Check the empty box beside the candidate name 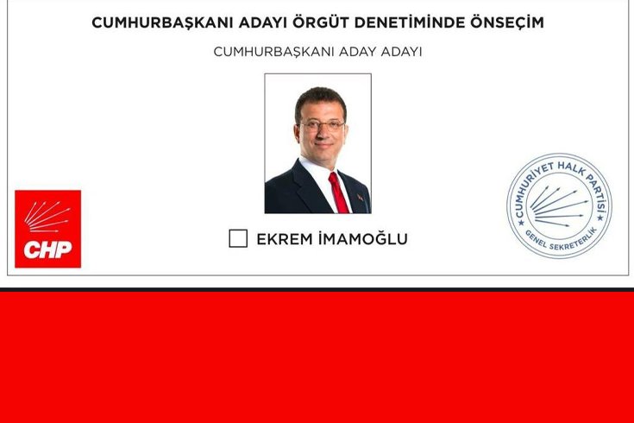pos(238,238)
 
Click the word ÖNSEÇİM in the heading pos(506,22)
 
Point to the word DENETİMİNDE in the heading pos(410,22)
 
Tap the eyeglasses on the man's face pos(322,124)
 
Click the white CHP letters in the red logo pos(47,249)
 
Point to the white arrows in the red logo pos(47,217)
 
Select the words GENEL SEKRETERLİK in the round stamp pos(561,240)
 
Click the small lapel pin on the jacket pos(360,197)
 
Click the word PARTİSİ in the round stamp pos(597,193)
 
